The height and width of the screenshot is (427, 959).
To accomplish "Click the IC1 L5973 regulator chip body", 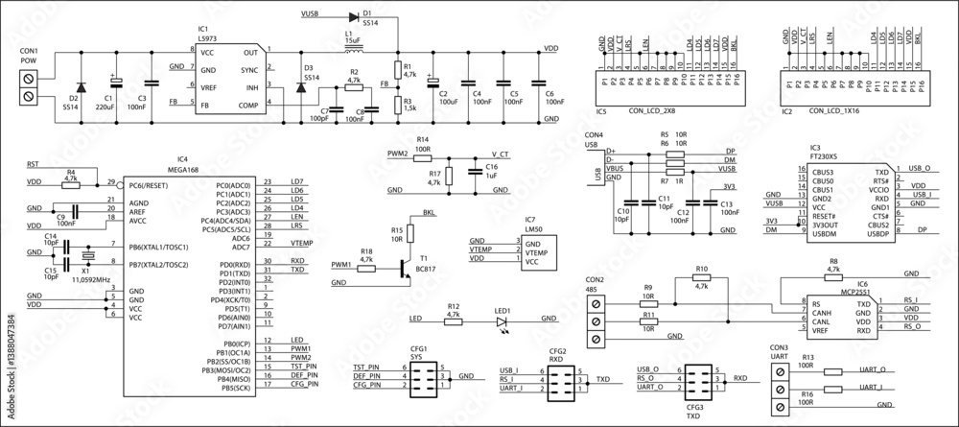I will point(229,79).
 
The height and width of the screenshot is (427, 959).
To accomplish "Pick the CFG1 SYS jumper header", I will point(422,380).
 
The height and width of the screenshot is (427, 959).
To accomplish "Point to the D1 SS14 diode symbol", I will point(367,14).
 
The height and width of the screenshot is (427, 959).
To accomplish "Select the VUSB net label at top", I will point(311,14).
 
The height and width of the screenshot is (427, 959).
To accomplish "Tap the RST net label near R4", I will point(33,164).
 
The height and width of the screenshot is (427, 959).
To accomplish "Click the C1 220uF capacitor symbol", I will point(113,83).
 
